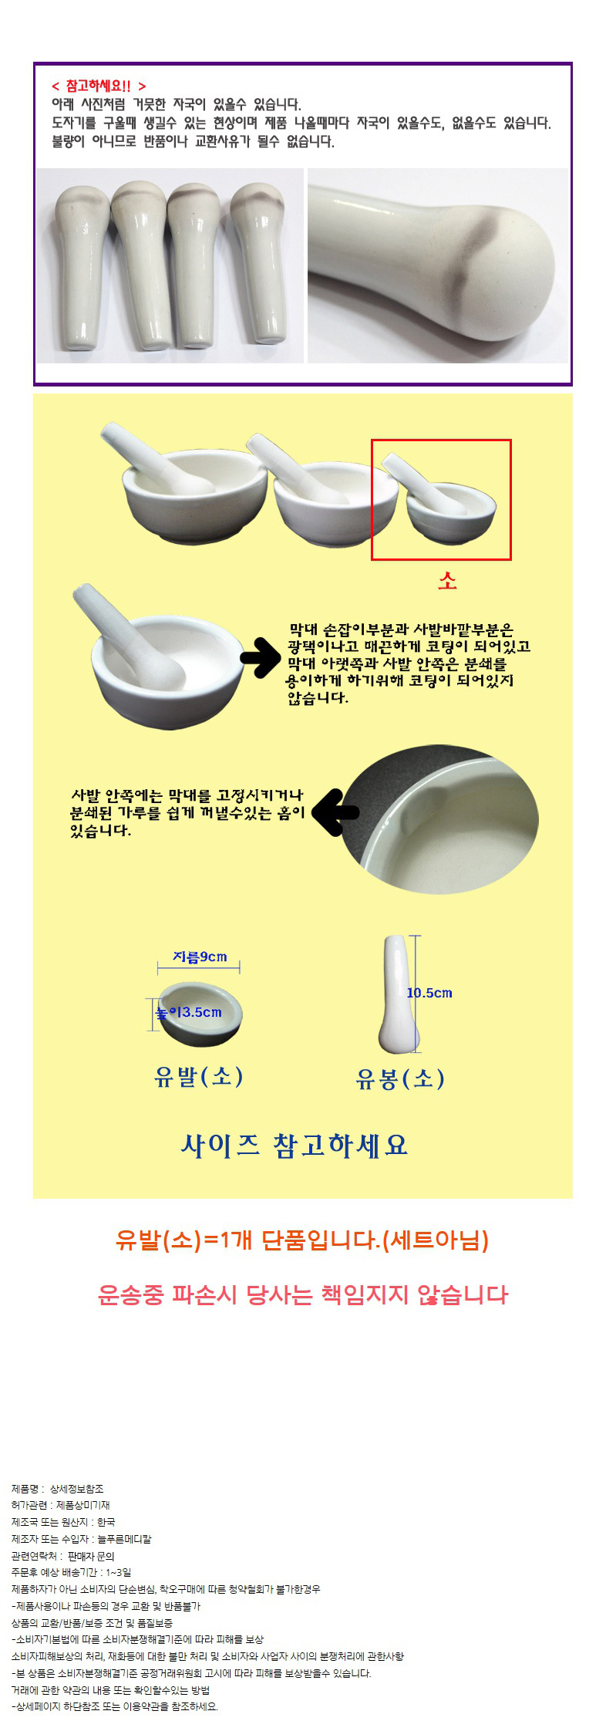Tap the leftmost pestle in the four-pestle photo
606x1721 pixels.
tap(77, 267)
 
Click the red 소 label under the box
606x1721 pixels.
tap(447, 581)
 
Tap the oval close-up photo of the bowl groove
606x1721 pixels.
tap(441, 823)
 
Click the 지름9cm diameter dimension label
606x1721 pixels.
tap(200, 957)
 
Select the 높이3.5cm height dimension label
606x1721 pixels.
tap(189, 1012)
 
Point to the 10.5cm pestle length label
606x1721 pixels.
tap(429, 993)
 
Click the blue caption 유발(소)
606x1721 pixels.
tap(199, 1076)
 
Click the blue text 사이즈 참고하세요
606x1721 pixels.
tap(294, 1145)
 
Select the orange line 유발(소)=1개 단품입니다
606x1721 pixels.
tap(301, 1240)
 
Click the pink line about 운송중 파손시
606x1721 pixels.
tap(303, 1294)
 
